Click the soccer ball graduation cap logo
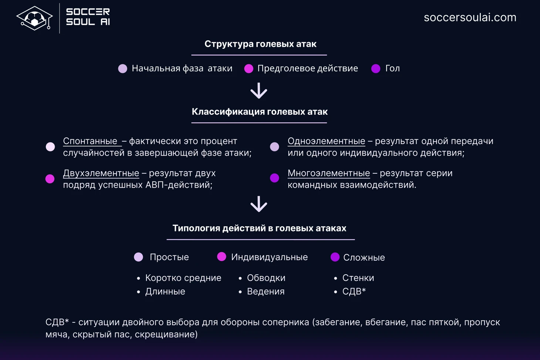click(x=34, y=18)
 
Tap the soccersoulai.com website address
click(x=470, y=17)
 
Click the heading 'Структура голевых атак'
click(x=260, y=44)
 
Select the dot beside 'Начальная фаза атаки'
click(x=122, y=68)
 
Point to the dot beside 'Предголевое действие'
click(x=249, y=68)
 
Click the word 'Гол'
click(x=392, y=68)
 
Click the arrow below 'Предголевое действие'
click(x=259, y=91)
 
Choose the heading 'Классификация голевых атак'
click(x=260, y=112)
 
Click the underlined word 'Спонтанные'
click(x=90, y=141)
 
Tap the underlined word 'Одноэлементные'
click(x=327, y=141)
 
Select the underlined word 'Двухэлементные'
click(x=101, y=173)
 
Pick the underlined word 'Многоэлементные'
click(x=329, y=173)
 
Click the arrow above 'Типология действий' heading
click(x=259, y=204)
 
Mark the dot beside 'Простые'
click(x=138, y=257)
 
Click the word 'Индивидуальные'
click(x=270, y=257)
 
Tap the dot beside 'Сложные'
click(x=335, y=257)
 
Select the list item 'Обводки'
click(x=266, y=278)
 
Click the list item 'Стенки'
click(x=358, y=278)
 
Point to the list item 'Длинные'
click(x=165, y=292)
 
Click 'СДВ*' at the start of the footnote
click(x=57, y=322)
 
